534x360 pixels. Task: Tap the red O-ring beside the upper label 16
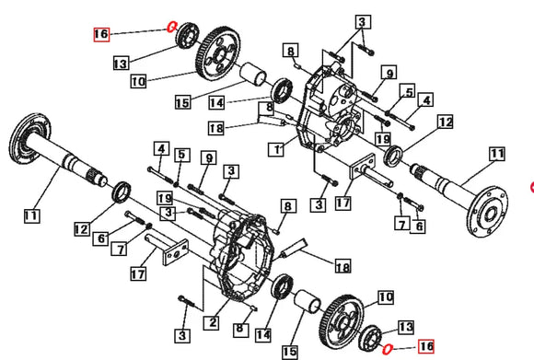pyautogui.click(x=171, y=26)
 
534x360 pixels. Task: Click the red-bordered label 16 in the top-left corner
pyautogui.click(x=100, y=35)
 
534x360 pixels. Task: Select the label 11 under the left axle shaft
pyautogui.click(x=30, y=215)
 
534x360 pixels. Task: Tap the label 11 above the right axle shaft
pyautogui.click(x=497, y=153)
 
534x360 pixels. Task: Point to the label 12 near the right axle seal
pyautogui.click(x=446, y=121)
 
